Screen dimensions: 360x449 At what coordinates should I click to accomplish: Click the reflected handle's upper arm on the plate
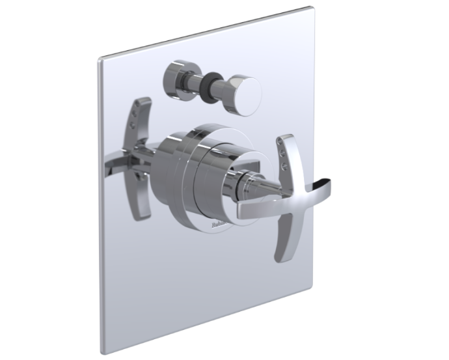142,118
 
